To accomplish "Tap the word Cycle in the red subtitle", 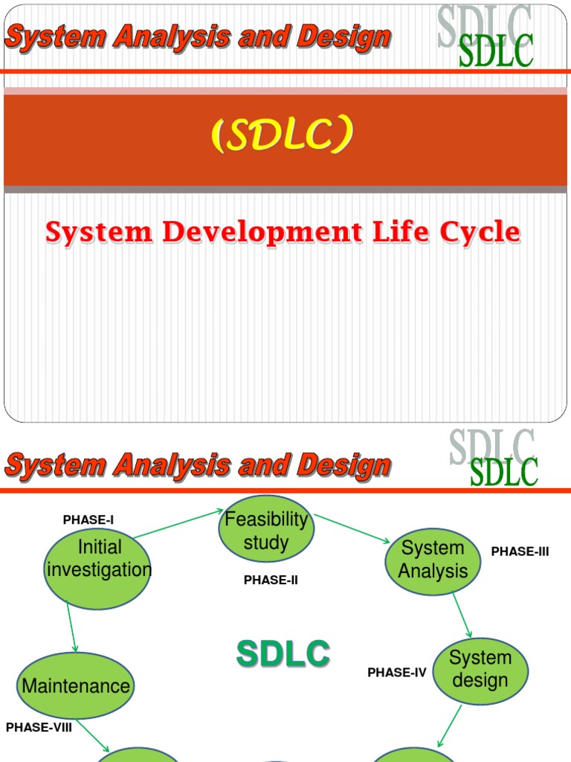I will (x=480, y=233).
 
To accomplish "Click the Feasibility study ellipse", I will (x=266, y=529).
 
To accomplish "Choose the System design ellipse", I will (x=480, y=670).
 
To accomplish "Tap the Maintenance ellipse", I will (x=76, y=685).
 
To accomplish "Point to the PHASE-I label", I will (x=88, y=520).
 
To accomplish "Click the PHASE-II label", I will (x=271, y=580).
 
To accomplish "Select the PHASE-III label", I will (x=520, y=551).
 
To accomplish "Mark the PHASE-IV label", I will (x=397, y=673).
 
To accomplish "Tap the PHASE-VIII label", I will (x=39, y=728).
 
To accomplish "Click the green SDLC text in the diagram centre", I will (x=283, y=655).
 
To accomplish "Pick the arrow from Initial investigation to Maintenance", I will (x=71, y=627).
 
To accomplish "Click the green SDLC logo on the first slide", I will (x=496, y=52).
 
